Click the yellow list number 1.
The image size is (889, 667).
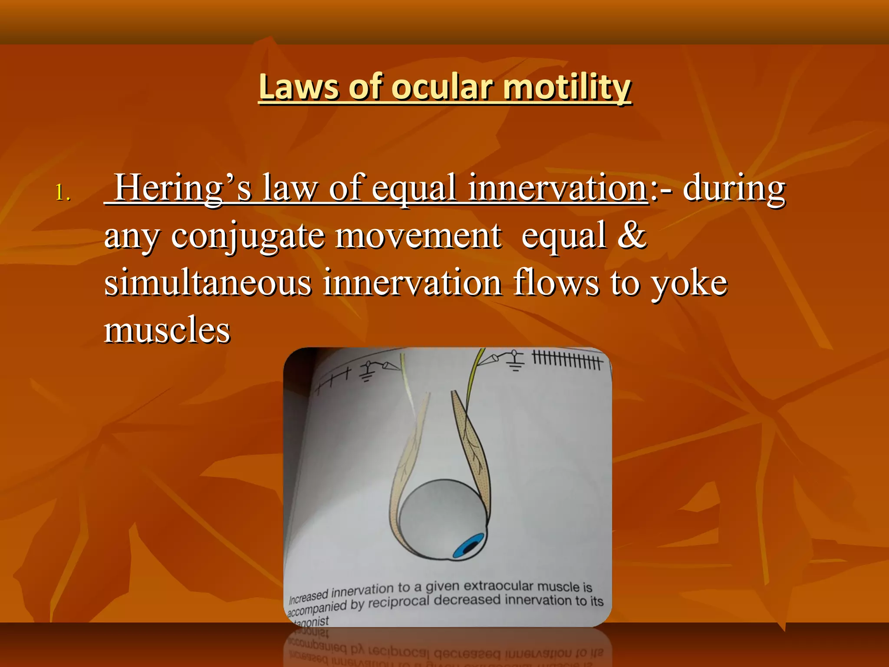(x=62, y=192)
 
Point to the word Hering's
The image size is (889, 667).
(x=182, y=188)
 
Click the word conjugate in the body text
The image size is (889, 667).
(x=248, y=236)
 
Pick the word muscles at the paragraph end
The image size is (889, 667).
(x=167, y=330)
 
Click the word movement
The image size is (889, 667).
(x=418, y=236)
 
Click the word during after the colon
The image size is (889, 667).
(x=734, y=188)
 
